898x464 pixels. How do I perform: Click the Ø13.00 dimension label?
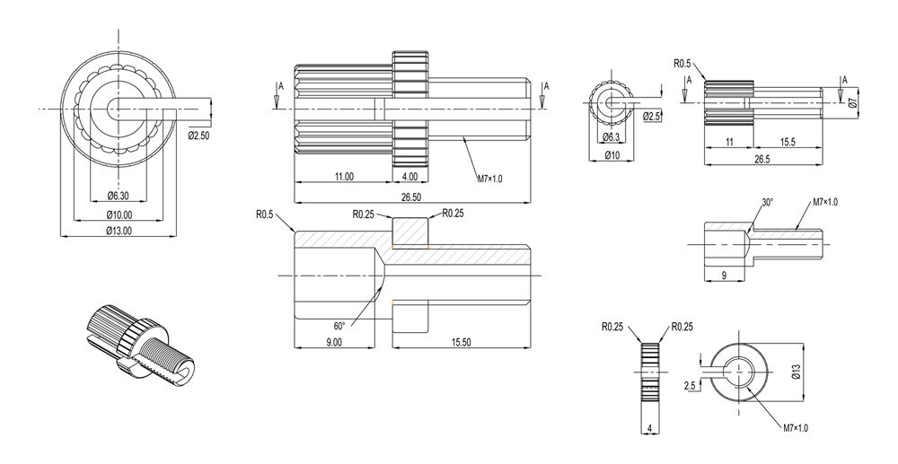(x=119, y=232)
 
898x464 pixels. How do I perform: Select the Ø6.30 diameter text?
(x=119, y=197)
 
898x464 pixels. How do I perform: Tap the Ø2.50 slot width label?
(x=198, y=136)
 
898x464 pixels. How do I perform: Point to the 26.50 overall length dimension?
(x=411, y=198)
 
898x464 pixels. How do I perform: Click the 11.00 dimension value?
(x=344, y=177)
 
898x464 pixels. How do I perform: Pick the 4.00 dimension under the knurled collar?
(x=410, y=177)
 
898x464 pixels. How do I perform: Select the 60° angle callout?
(x=339, y=326)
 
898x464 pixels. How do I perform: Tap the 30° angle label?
(x=768, y=203)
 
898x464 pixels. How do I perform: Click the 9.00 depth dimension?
(x=334, y=342)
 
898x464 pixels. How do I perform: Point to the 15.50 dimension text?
(x=461, y=342)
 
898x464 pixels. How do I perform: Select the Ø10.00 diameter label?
(x=119, y=215)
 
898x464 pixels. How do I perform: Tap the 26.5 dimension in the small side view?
(x=762, y=160)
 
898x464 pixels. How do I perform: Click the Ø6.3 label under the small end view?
(x=611, y=137)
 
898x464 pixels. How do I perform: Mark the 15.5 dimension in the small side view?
(x=788, y=143)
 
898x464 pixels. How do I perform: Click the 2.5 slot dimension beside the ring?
(x=690, y=386)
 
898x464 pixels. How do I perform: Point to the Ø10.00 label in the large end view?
(x=119, y=215)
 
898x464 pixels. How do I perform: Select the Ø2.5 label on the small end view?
(x=652, y=116)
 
